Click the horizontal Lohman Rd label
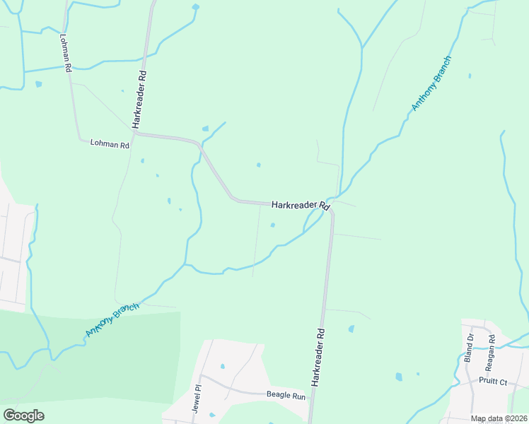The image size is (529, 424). [x=110, y=143]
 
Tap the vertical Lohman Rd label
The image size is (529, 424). [x=66, y=53]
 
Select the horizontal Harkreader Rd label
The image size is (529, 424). [x=301, y=205]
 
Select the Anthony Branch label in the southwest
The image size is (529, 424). [x=112, y=318]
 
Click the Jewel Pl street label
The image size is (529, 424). [x=197, y=397]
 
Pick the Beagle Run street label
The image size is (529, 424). [x=286, y=396]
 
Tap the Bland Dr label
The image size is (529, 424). [x=468, y=347]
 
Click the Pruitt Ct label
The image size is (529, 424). [x=492, y=382]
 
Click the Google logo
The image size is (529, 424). [x=23, y=416]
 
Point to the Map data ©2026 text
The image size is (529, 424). [x=499, y=418]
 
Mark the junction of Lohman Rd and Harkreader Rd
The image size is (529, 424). [x=134, y=131]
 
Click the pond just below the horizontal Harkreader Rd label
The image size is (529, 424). [x=272, y=225]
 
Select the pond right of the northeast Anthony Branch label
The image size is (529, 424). [x=469, y=76]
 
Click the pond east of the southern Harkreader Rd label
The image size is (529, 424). [x=351, y=329]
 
